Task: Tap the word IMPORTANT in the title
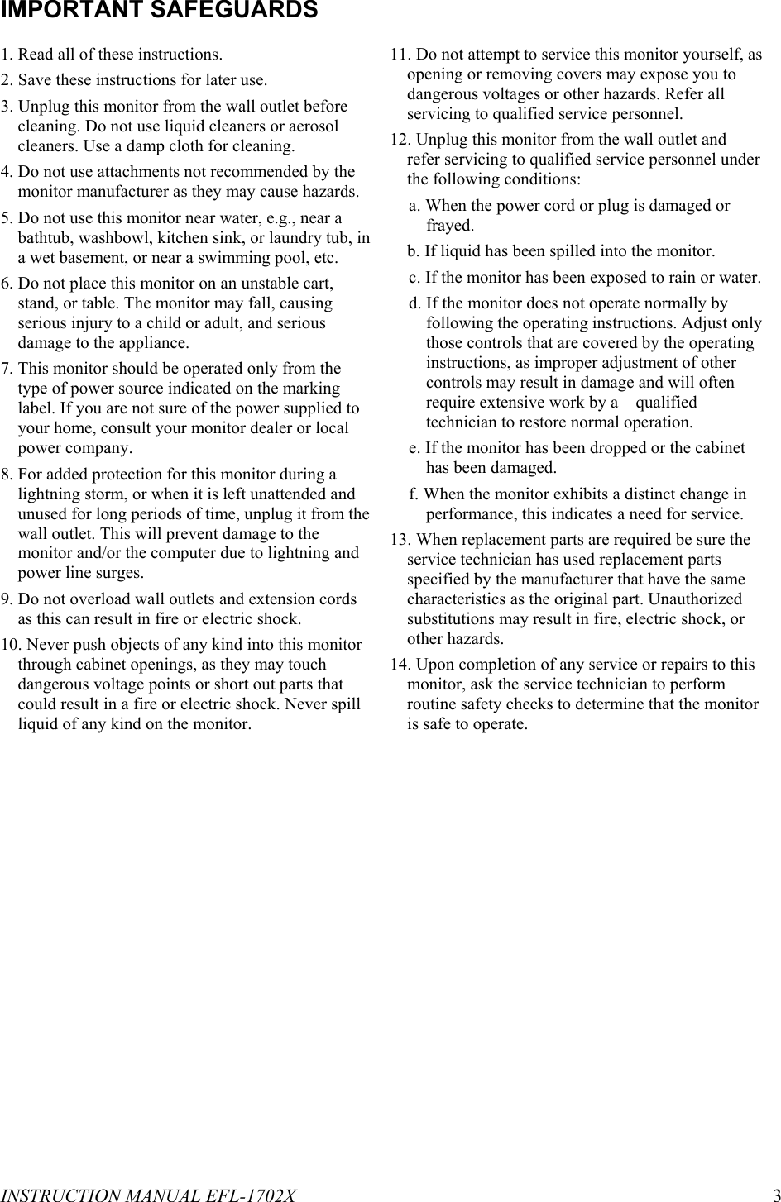[73, 10]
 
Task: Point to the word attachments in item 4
[135, 172]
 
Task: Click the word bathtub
[44, 238]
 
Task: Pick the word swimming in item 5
[248, 258]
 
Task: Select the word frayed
[449, 226]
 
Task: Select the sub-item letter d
[414, 303]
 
